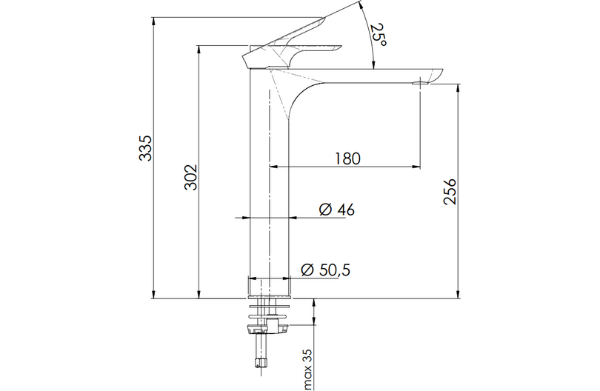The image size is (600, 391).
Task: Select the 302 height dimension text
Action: pos(191,177)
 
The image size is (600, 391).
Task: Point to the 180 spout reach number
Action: pos(347,158)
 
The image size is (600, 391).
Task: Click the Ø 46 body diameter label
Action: pos(336,210)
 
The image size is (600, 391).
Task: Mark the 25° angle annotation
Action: pos(379,35)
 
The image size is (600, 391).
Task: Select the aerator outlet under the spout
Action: pos(420,84)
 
